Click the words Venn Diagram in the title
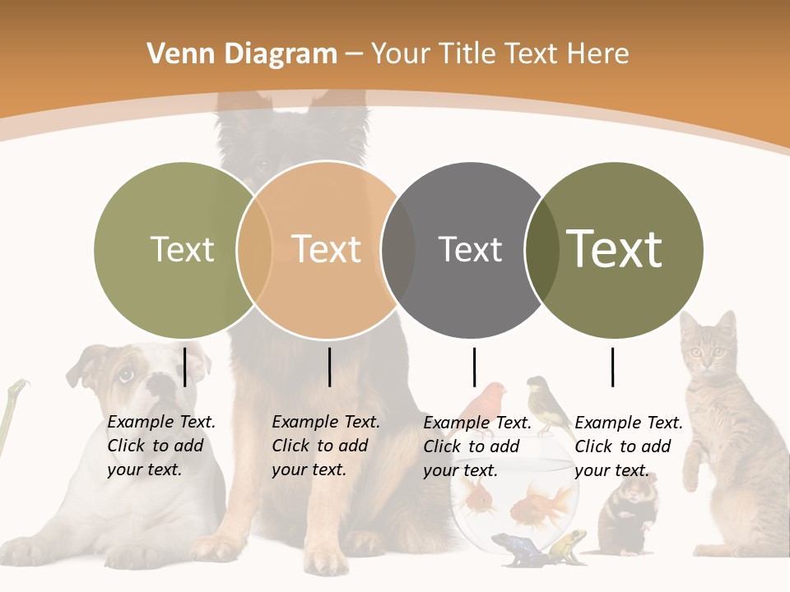(x=242, y=54)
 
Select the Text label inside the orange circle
(x=327, y=249)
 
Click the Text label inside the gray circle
(x=470, y=249)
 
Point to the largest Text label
(x=615, y=248)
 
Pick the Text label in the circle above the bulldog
(x=182, y=249)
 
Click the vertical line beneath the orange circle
(x=329, y=367)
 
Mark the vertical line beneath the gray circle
(x=474, y=367)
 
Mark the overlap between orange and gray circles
(x=398, y=249)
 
